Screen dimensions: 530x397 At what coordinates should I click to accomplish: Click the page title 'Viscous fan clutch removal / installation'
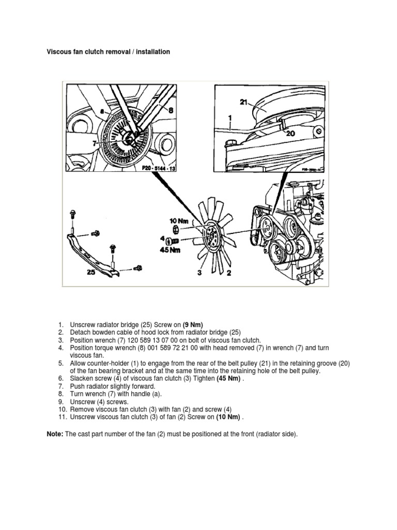[x=109, y=52]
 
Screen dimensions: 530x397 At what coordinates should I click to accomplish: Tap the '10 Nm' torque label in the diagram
[x=177, y=221]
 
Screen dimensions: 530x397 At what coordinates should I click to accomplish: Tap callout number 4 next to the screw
[x=164, y=240]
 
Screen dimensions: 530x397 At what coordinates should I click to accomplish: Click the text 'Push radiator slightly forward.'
[x=112, y=387]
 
